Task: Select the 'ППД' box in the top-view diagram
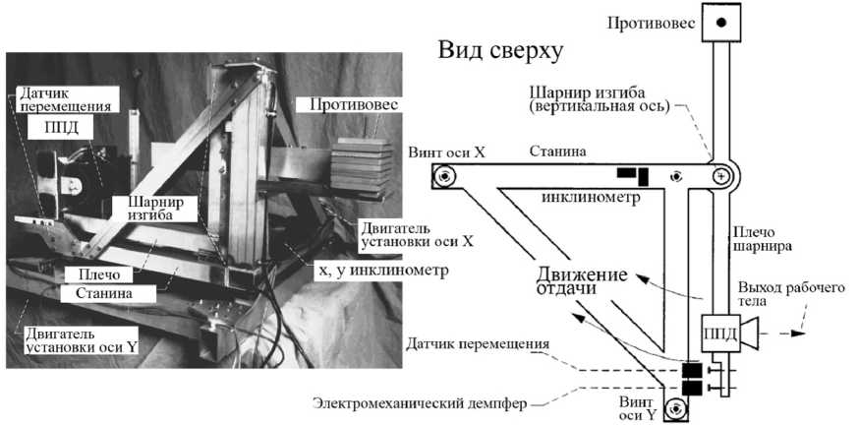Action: pyautogui.click(x=717, y=334)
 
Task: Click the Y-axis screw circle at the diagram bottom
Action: pyautogui.click(x=674, y=408)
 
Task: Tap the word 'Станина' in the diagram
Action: pyautogui.click(x=559, y=152)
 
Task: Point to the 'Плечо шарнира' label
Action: pyautogui.click(x=759, y=241)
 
